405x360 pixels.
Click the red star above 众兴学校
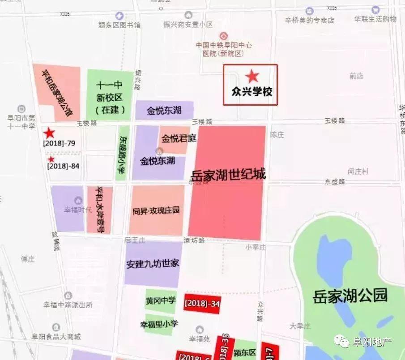coord(252,76)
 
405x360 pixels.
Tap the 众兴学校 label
coord(252,91)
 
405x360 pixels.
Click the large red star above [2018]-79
coord(49,133)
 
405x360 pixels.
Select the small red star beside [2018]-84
coord(51,159)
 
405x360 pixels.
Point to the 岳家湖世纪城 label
coord(229,174)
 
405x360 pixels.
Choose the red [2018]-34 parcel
coord(202,304)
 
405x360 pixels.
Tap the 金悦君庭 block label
coord(179,138)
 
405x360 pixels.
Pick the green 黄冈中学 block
coord(161,300)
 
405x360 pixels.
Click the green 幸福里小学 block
coord(159,324)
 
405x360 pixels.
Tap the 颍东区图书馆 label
coord(119,25)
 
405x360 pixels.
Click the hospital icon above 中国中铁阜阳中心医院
coord(223,35)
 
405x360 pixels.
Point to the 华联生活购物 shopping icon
coord(375,10)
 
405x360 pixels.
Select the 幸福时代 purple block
coord(68,209)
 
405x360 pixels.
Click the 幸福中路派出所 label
coord(68,305)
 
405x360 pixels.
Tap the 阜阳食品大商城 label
coord(62,337)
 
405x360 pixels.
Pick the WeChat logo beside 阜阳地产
coord(343,342)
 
